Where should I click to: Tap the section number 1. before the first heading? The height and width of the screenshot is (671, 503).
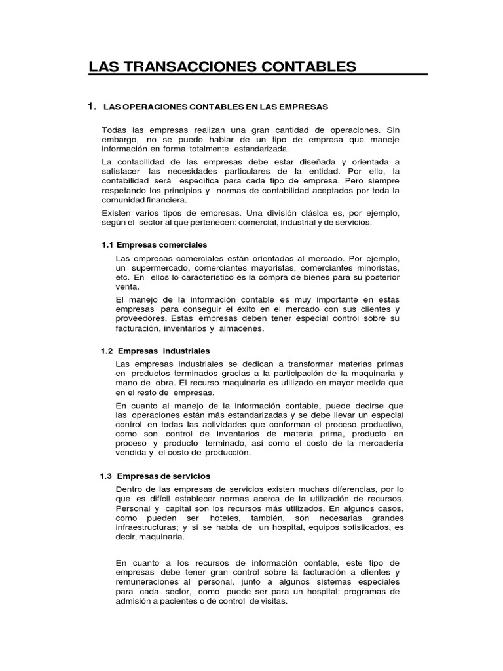(92, 105)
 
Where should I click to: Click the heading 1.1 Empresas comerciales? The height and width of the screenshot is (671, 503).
(149, 244)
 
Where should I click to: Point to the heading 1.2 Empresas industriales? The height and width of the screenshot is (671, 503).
(155, 351)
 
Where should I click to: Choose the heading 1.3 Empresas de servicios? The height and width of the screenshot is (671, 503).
(155, 476)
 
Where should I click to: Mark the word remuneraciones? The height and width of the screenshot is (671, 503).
(147, 581)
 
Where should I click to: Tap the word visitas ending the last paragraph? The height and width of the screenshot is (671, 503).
(271, 601)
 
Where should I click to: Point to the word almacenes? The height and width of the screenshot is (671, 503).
(241, 328)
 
